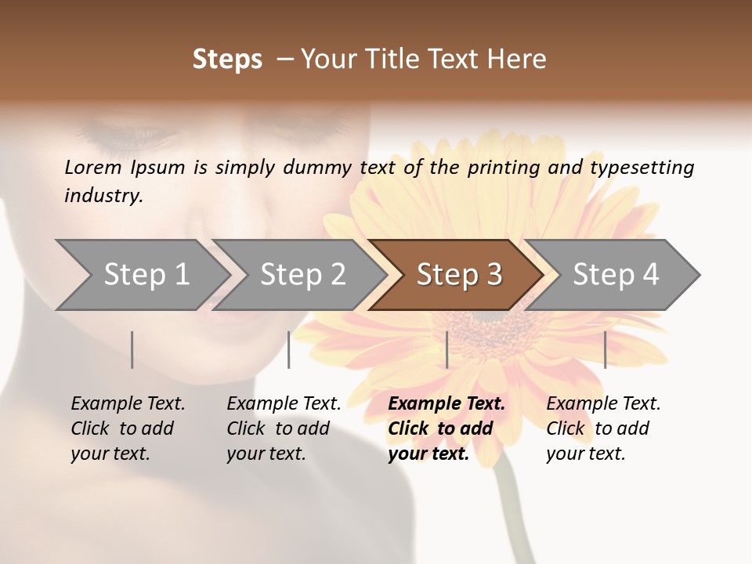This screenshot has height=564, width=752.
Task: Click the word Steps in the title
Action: coord(227,60)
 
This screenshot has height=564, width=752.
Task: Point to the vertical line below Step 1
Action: coord(132,349)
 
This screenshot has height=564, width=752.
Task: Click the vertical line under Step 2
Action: coord(289,349)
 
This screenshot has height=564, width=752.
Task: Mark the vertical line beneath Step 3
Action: coord(447,349)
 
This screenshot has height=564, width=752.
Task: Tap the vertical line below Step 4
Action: coord(606,349)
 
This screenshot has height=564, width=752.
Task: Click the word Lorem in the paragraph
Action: coord(93,167)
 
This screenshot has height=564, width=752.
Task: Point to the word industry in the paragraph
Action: coord(103,196)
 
